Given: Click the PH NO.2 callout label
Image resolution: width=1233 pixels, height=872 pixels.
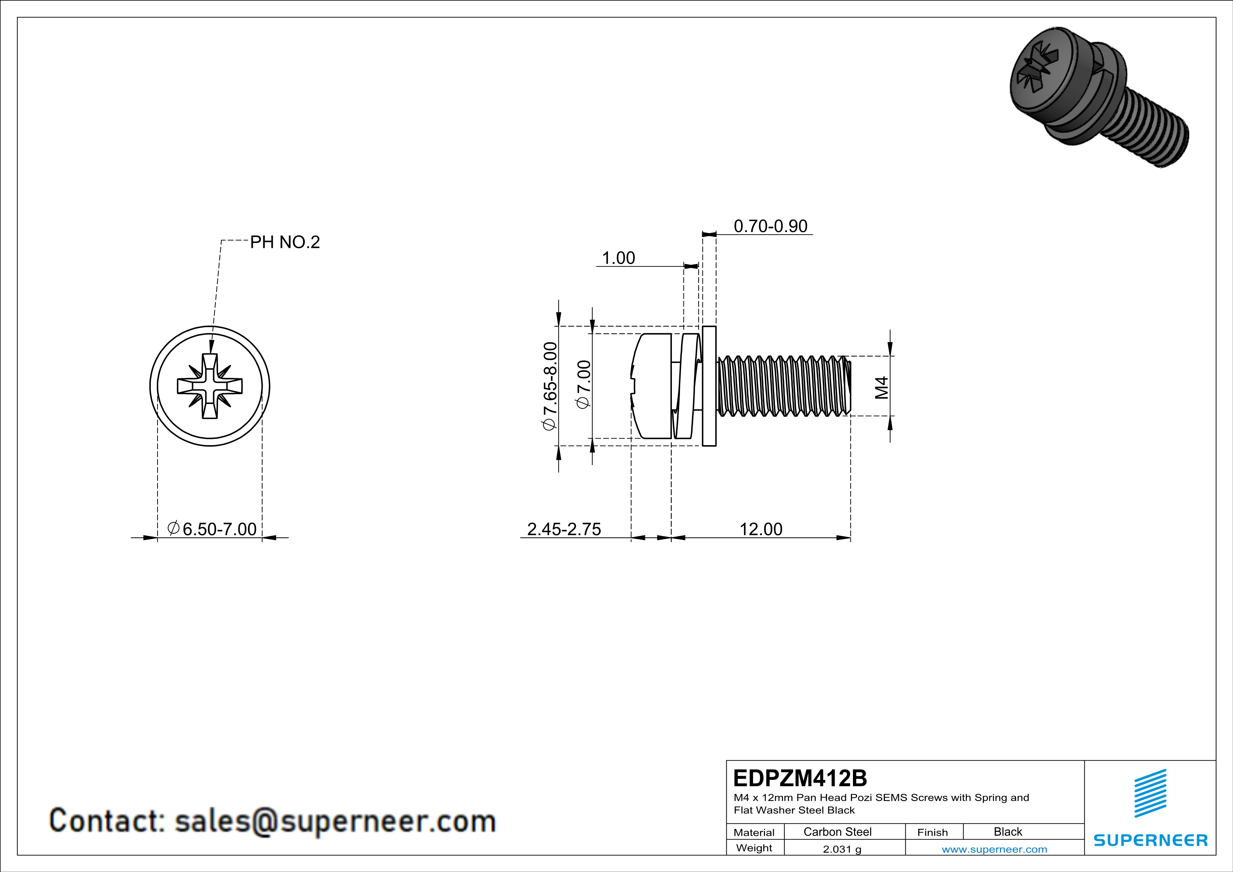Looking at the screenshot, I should coord(285,242).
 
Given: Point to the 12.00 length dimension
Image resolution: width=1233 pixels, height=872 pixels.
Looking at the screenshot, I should coord(760,529).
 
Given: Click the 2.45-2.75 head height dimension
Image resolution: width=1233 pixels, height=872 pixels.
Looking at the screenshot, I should coord(564,529).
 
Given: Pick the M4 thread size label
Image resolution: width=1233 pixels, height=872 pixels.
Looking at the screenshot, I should coord(881,387).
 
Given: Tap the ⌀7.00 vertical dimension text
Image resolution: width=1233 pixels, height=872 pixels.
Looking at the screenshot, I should coord(584,384).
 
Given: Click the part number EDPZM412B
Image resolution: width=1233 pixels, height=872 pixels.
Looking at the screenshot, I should coord(799,778).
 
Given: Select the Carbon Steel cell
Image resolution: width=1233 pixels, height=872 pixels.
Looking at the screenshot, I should coord(837,832).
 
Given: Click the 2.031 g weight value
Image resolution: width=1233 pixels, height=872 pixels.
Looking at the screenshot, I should coord(841,849).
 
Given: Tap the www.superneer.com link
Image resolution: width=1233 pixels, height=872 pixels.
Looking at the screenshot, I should coord(994,849).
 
